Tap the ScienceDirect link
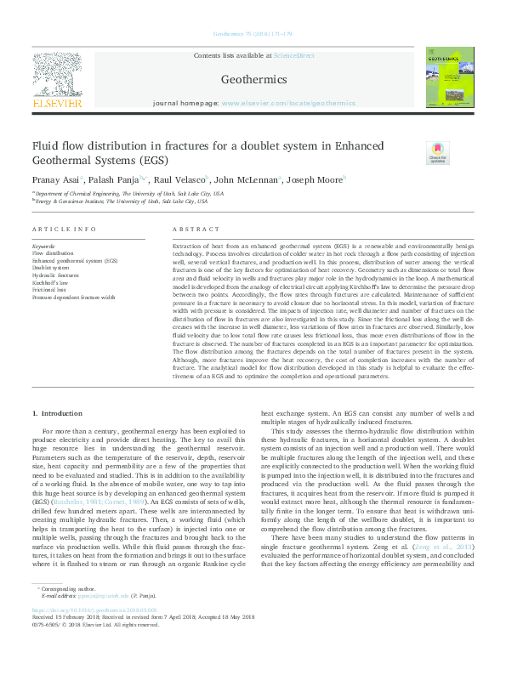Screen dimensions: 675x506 [293, 55]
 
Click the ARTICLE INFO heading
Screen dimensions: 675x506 [64, 230]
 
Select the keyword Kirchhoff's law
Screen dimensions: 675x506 [49, 281]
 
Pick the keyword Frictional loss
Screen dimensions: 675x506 [49, 289]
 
